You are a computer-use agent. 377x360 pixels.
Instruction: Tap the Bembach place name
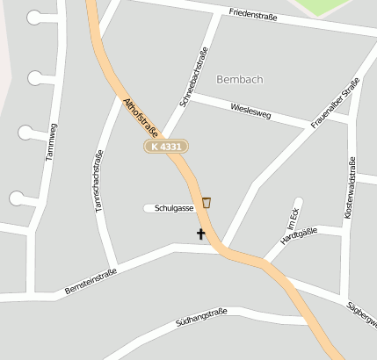pyautogui.click(x=239, y=79)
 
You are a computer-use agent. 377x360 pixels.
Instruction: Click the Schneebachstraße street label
pyautogui.click(x=193, y=77)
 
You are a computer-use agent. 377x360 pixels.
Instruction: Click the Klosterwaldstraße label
pyautogui.click(x=352, y=189)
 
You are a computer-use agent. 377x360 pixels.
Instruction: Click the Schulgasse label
pyautogui.click(x=174, y=208)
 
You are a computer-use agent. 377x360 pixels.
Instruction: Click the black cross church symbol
pyautogui.click(x=201, y=234)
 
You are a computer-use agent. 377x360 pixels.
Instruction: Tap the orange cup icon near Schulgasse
pyautogui.click(x=207, y=203)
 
